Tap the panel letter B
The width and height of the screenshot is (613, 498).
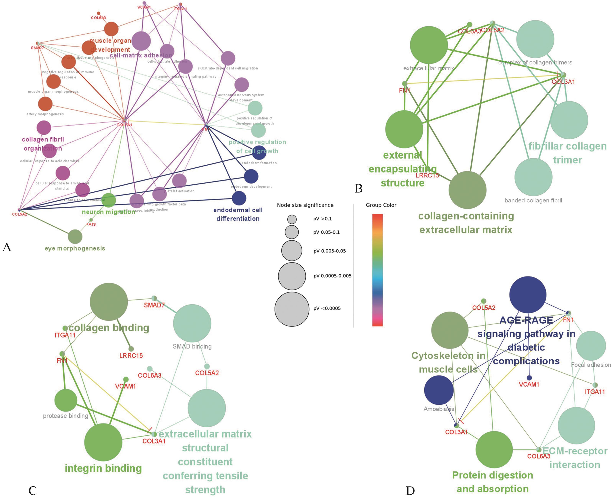(359, 188)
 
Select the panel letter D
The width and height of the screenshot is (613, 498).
(410, 491)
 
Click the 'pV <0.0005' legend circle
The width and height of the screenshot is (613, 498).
(292, 309)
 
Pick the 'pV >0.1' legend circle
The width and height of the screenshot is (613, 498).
(292, 219)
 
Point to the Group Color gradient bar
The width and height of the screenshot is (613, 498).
(377, 270)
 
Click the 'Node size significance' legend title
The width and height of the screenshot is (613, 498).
(305, 205)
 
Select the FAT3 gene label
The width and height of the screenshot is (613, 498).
(91, 224)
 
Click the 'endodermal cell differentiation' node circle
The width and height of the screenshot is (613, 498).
(239, 198)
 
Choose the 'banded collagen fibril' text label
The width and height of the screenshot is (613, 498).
(533, 201)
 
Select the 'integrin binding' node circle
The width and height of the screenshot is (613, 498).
(103, 442)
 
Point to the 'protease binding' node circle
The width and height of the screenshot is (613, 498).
(66, 400)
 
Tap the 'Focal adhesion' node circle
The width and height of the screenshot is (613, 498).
(591, 346)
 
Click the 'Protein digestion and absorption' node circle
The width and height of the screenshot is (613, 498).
(494, 450)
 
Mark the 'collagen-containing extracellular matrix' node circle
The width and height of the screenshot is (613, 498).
(467, 190)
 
